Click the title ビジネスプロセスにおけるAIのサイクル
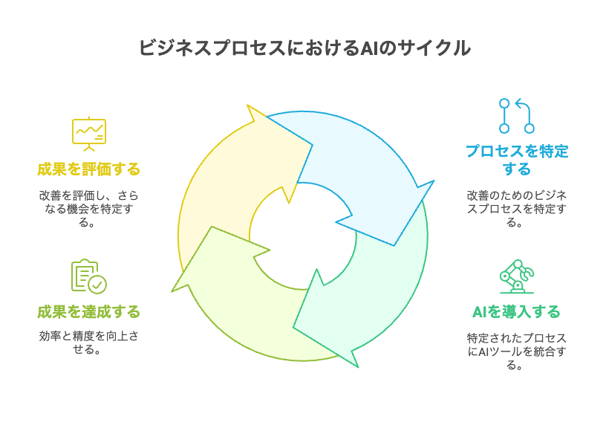[304, 48]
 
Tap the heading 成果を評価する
[89, 169]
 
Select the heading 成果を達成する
[89, 311]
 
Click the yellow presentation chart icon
[89, 133]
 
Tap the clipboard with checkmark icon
[88, 276]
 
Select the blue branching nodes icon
[516, 115]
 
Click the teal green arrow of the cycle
[371, 290]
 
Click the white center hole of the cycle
[303, 236]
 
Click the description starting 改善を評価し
[89, 209]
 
